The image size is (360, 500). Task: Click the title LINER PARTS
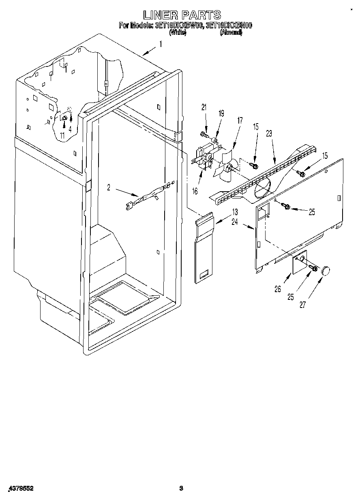click(x=182, y=15)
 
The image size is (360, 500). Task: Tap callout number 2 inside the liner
click(x=109, y=187)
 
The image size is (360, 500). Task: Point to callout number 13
click(x=235, y=212)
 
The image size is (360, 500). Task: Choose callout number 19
click(x=221, y=114)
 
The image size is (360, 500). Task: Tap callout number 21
click(x=204, y=107)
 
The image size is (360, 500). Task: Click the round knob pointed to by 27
click(x=326, y=271)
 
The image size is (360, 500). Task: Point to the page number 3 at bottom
click(x=181, y=488)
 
